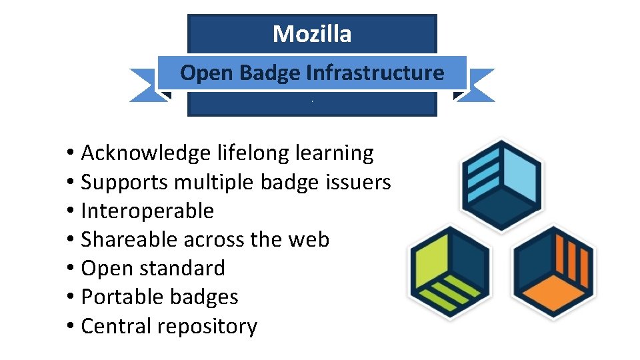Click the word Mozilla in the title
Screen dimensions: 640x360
312,34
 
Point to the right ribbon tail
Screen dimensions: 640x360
478,85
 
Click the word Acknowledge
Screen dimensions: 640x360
145,153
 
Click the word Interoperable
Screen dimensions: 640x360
147,211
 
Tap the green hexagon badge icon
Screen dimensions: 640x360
449,272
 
